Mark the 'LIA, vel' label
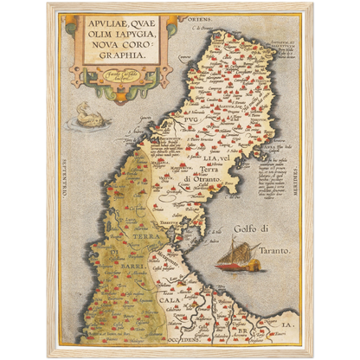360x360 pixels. [x=216, y=156]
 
